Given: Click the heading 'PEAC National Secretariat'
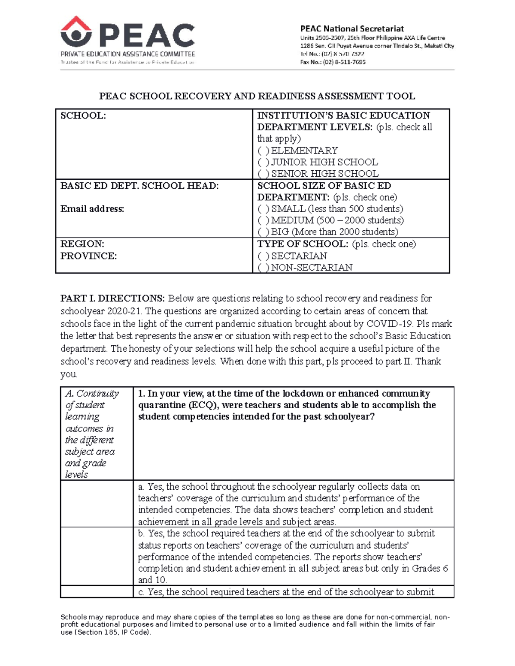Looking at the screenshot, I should click(351, 29).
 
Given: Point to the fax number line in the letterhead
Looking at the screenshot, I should click(333, 62).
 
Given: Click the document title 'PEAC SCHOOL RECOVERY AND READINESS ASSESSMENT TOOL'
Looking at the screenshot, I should click(257, 96).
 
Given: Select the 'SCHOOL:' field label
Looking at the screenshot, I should click(83, 116).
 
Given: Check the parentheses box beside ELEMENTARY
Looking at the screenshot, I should click(264, 151).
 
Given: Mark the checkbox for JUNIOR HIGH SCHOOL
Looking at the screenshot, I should click(264, 163).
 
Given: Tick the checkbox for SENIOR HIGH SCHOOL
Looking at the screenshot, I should click(264, 174).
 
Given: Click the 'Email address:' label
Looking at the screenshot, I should click(92, 209).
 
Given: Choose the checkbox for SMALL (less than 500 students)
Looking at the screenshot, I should click(264, 209).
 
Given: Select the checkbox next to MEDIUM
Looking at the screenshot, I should click(264, 220).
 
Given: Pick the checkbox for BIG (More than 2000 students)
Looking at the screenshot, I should click(264, 232).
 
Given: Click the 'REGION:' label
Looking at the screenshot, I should click(82, 244).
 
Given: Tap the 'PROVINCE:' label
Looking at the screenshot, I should click(88, 256).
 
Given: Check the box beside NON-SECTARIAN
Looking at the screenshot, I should click(264, 268).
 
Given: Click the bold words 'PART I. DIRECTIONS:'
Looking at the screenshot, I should click(112, 298).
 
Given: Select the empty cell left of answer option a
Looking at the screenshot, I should click(97, 504).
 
